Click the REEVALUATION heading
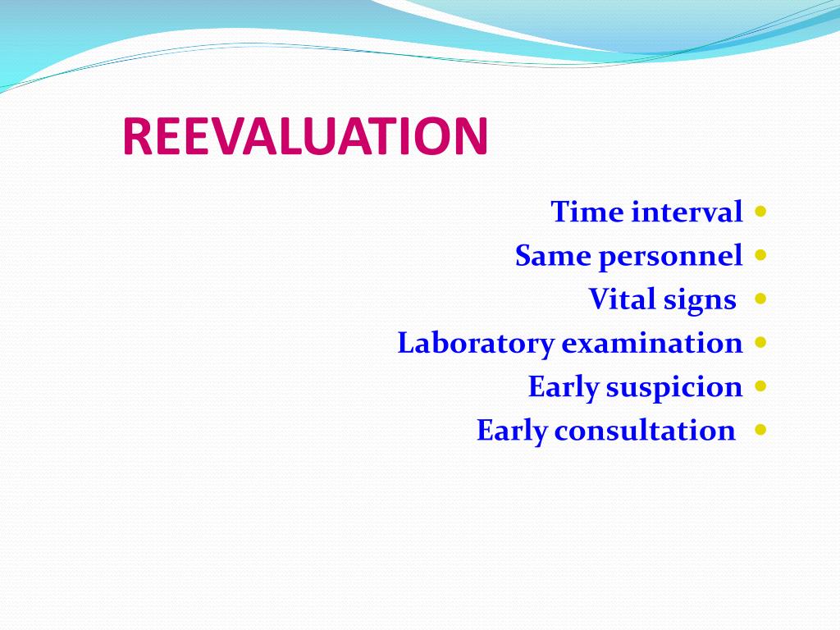[x=305, y=137]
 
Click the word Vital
[x=617, y=299]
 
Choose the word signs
[x=699, y=301]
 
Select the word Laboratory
[x=476, y=344]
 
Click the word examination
[x=652, y=343]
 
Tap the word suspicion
[x=673, y=387]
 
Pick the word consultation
[x=645, y=430]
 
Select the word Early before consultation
[x=511, y=431]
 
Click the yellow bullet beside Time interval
[x=760, y=212]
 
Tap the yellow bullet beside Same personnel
[x=760, y=255]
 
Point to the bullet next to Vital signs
[x=760, y=299]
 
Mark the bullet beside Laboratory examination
[x=760, y=342]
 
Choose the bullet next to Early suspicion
[x=760, y=386]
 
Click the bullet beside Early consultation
[x=760, y=429]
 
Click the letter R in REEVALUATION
[x=136, y=137]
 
